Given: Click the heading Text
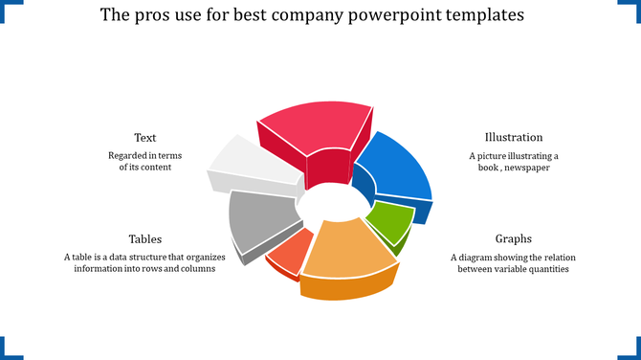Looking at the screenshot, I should point(145,138).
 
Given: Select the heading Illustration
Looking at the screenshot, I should point(514,138).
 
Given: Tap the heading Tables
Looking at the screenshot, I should point(145,239).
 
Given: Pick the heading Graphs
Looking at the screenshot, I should point(514,239).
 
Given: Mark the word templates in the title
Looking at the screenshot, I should point(497,16).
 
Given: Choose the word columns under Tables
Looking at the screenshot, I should point(195,269).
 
